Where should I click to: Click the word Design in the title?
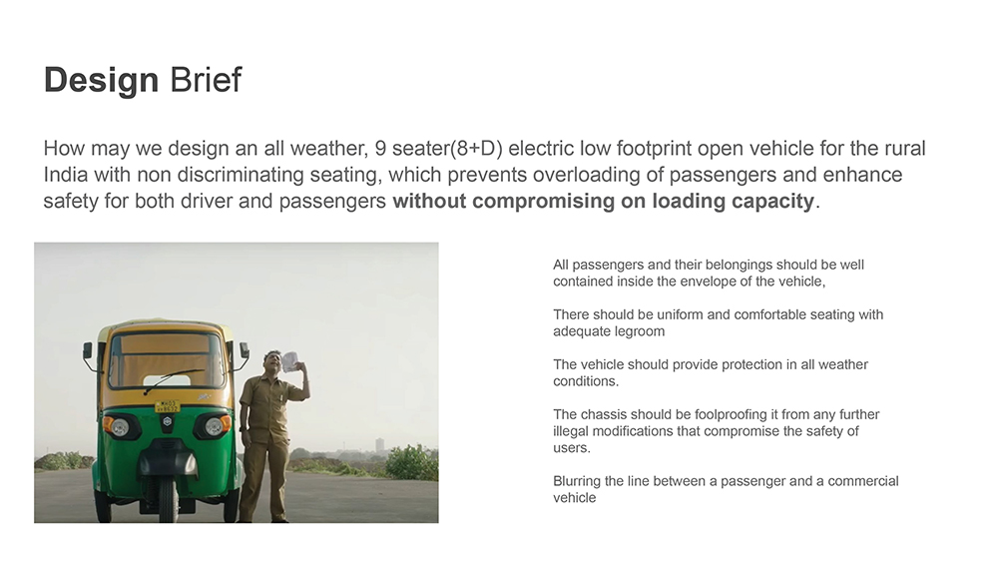click(101, 80)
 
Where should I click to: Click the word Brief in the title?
click(206, 80)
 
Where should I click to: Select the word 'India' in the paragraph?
click(66, 175)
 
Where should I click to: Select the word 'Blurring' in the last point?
click(577, 481)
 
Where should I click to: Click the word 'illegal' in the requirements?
click(572, 431)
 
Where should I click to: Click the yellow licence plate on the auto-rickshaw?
click(168, 406)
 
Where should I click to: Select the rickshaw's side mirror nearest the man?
click(244, 349)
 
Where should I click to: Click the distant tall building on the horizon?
click(380, 443)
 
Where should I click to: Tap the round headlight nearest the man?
click(216, 424)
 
